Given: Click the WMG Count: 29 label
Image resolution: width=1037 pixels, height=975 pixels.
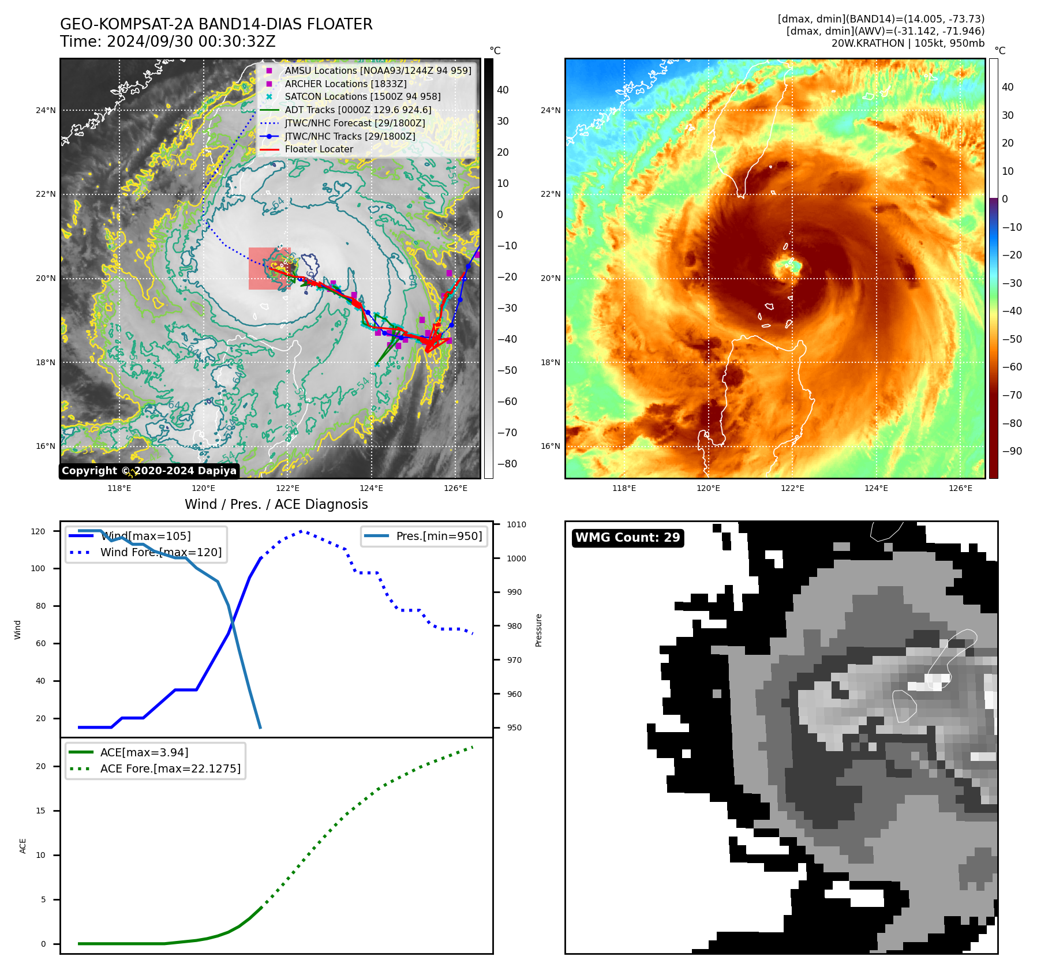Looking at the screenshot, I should pyautogui.click(x=627, y=538).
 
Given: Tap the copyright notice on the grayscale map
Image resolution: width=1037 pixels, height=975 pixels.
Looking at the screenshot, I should pyautogui.click(x=149, y=471).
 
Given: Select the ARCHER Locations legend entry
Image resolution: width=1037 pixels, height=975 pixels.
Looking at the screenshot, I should pyautogui.click(x=345, y=84).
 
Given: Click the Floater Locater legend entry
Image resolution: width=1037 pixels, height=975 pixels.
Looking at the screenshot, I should pyautogui.click(x=319, y=149).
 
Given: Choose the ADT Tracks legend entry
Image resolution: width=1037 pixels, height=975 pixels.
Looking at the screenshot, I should pyautogui.click(x=358, y=110).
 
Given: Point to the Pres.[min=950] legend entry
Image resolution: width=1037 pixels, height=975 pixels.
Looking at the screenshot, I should pyautogui.click(x=439, y=536).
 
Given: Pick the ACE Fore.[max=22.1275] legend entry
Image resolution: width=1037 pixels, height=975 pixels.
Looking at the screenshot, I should pyautogui.click(x=170, y=768).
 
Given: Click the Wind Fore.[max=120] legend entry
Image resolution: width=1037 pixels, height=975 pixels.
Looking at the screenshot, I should pyautogui.click(x=160, y=552).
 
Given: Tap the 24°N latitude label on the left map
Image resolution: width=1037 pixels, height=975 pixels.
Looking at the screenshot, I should pyautogui.click(x=46, y=110).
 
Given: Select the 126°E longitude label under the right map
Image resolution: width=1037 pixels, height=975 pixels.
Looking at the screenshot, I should pyautogui.click(x=960, y=488).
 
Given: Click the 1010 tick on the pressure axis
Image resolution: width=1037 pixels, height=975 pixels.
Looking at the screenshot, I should pyautogui.click(x=516, y=524).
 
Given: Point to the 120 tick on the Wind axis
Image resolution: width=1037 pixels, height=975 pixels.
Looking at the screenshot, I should pyautogui.click(x=38, y=531).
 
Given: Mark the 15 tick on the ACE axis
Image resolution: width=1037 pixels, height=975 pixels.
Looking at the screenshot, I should pyautogui.click(x=40, y=811).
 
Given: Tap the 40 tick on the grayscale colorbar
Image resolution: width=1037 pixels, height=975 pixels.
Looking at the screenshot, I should pyautogui.click(x=503, y=90).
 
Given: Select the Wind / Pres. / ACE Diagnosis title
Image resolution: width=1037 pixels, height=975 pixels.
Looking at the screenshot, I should pyautogui.click(x=276, y=504).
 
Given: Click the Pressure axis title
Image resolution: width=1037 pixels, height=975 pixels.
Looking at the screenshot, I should pyautogui.click(x=538, y=630).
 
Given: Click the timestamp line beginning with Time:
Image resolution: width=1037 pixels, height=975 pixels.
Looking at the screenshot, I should pyautogui.click(x=168, y=42).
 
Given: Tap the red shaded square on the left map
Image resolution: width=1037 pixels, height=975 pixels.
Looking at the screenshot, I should pyautogui.click(x=269, y=268).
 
